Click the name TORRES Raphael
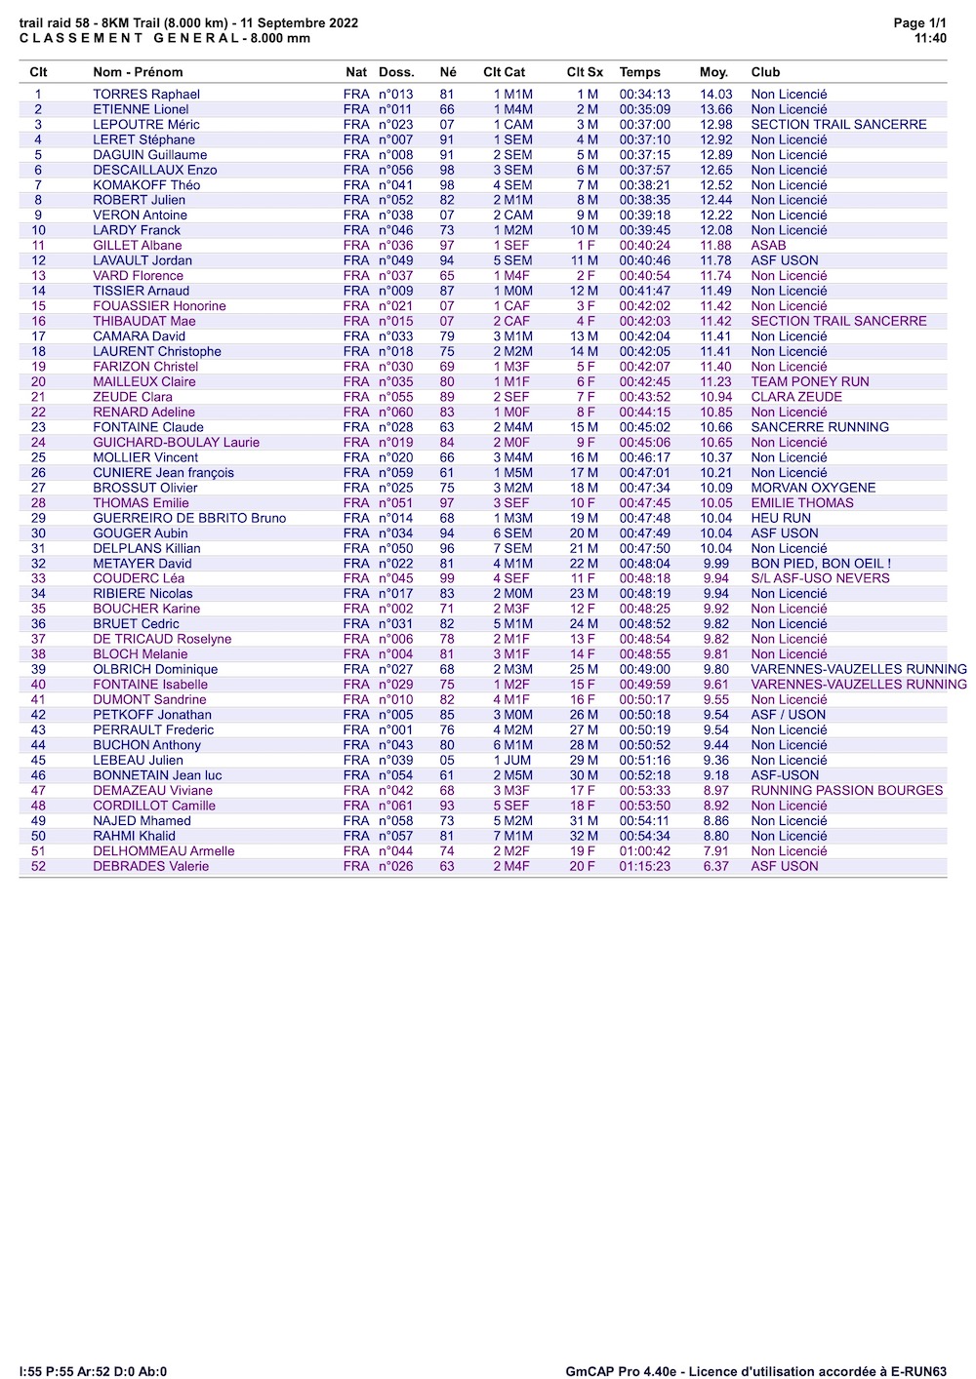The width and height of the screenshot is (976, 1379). [x=146, y=95]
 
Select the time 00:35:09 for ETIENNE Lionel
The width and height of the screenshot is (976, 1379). [x=644, y=109]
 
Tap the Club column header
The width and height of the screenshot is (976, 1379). [x=765, y=72]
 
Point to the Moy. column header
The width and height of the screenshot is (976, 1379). [x=713, y=72]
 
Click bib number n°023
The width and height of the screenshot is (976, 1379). [x=395, y=125]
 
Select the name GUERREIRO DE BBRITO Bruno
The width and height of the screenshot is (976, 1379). [x=189, y=518]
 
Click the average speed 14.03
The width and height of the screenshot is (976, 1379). [x=715, y=95]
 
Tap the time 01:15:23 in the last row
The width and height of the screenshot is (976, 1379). [x=644, y=866]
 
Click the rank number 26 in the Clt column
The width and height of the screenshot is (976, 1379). [x=38, y=473]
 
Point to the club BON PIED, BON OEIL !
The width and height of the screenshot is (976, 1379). [x=821, y=564]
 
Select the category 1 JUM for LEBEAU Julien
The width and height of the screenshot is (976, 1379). [x=512, y=760]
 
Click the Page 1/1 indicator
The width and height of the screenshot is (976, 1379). [x=919, y=23]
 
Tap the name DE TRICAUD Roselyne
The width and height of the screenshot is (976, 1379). [x=162, y=639]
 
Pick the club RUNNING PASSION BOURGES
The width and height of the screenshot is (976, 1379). [x=846, y=790]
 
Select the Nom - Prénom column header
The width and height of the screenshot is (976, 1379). [x=138, y=72]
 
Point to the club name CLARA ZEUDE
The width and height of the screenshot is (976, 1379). [x=795, y=397]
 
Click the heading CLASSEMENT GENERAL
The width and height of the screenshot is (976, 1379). [x=129, y=38]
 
